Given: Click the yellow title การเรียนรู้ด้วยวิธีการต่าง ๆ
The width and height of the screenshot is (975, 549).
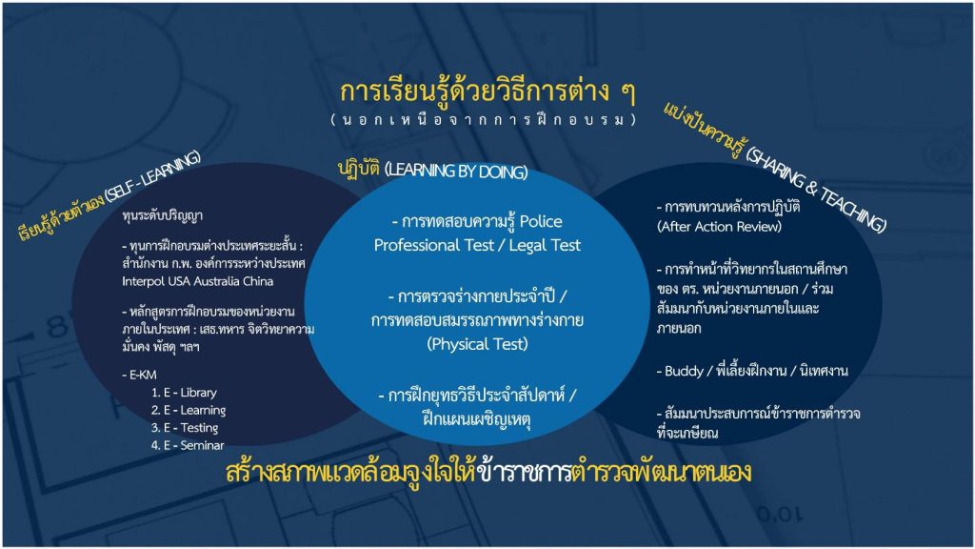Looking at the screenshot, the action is click(x=487, y=91).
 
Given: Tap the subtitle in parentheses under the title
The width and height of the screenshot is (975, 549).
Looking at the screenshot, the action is click(x=485, y=119).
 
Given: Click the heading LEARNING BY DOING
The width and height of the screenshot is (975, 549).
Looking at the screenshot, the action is click(x=456, y=171).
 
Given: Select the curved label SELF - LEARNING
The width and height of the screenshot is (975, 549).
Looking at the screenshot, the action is click(x=153, y=176).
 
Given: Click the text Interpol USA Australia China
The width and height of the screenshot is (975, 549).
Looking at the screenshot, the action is click(x=197, y=281).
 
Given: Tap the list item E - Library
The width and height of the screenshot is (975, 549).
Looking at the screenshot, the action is click(x=184, y=393).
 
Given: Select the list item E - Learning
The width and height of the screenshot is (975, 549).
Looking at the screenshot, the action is click(x=189, y=410).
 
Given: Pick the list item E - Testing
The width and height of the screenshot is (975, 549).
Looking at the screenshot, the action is click(x=185, y=428).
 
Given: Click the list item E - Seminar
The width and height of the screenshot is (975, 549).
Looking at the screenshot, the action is click(x=188, y=445).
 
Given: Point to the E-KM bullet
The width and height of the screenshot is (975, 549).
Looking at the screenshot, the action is click(x=139, y=375).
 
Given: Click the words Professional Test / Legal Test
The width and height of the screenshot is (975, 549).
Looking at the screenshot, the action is click(x=477, y=245).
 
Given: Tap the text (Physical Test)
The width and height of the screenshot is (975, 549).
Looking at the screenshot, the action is click(x=477, y=343).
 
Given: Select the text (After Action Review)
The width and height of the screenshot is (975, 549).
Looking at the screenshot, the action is click(x=719, y=227).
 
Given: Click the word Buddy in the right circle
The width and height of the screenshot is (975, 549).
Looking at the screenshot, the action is click(x=684, y=371).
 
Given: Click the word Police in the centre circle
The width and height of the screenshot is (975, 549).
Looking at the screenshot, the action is click(x=541, y=221).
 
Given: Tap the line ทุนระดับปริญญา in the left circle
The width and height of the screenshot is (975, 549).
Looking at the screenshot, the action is click(x=162, y=216).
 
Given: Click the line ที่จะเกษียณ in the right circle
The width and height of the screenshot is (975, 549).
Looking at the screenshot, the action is click(x=687, y=433).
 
